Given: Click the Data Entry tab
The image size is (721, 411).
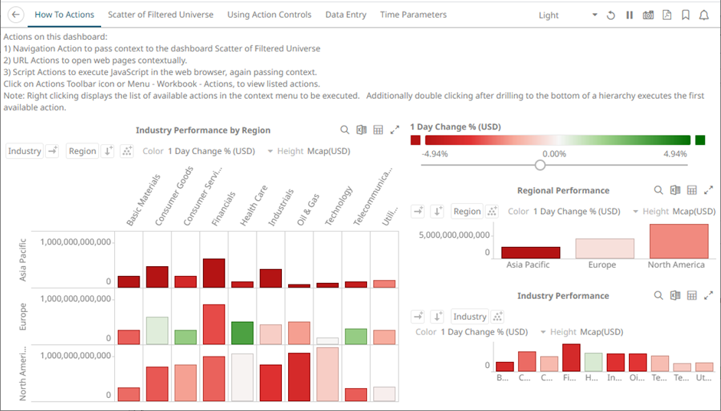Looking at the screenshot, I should tap(346, 15).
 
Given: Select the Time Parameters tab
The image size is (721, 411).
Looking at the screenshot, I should tap(413, 15).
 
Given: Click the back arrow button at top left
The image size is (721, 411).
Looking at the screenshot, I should tap(16, 15).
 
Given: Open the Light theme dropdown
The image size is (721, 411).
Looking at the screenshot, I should tap(568, 15).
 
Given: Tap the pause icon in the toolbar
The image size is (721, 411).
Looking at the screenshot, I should tap(630, 15).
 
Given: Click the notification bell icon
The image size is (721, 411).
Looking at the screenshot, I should tap(703, 15).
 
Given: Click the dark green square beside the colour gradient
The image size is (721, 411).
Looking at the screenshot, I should tap(700, 140).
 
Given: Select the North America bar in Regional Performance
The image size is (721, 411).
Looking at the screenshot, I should tap(678, 241).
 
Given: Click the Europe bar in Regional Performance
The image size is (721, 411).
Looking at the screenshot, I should tap(605, 248).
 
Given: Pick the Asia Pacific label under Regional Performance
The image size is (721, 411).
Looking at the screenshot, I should tap(528, 265).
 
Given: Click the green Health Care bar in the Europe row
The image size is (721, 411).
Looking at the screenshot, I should tap(242, 333).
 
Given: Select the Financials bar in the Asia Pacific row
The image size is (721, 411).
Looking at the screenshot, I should tap(214, 273).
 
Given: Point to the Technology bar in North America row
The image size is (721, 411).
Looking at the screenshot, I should tap(327, 374).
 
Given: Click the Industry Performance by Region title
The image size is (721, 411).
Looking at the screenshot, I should tap(203, 130).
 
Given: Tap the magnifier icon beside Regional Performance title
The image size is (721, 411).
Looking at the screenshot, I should tap(658, 190).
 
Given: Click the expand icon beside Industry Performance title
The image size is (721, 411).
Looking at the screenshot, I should tap(709, 295).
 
